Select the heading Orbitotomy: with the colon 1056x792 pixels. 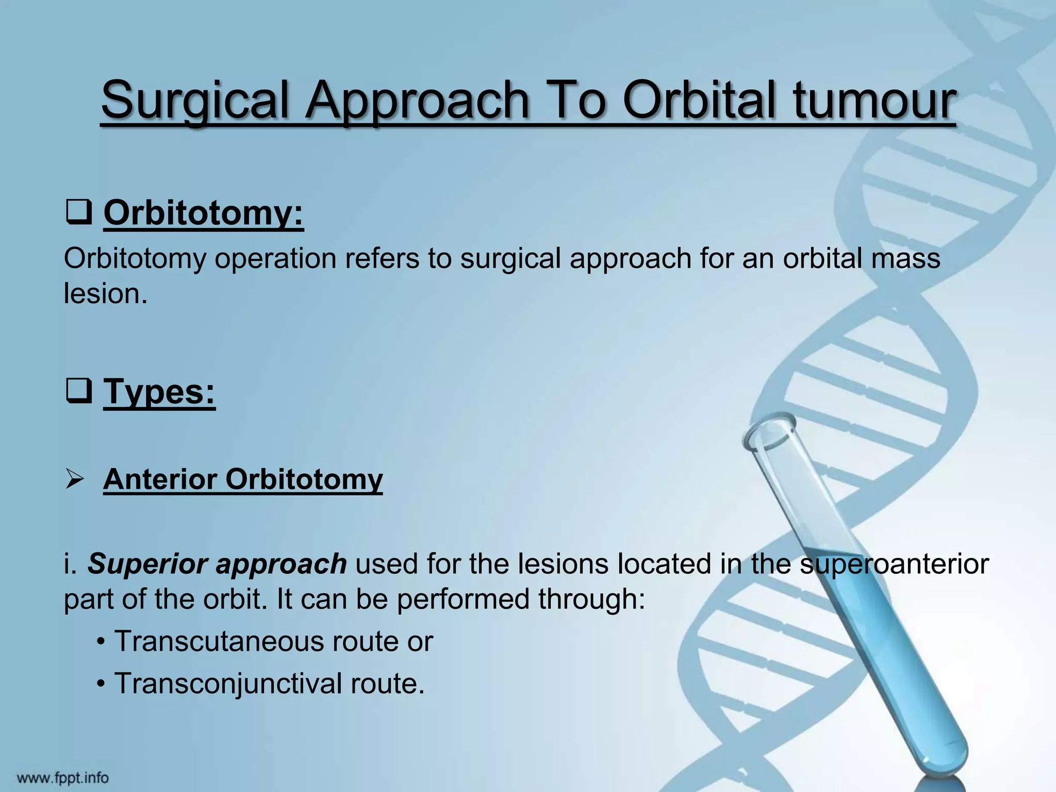tap(203, 213)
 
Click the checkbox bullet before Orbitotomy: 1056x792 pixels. tap(79, 213)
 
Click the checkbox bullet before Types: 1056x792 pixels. tap(79, 392)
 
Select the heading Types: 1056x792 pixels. tap(159, 392)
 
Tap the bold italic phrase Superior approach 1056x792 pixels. tap(217, 564)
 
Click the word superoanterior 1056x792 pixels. tap(894, 564)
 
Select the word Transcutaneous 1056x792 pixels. tap(219, 641)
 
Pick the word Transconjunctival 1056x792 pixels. tap(227, 684)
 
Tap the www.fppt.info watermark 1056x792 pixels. tap(63, 778)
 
